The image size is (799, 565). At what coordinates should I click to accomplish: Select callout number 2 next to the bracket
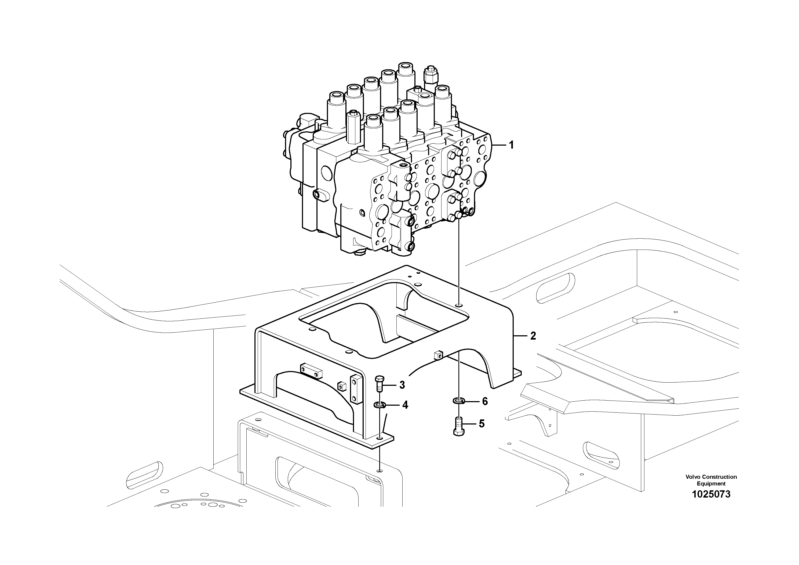(533, 336)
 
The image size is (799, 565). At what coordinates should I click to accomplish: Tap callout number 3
(402, 385)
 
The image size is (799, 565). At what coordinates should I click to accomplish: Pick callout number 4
(405, 405)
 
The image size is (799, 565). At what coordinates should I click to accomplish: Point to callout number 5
(481, 424)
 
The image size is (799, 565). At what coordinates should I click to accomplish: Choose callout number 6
(485, 402)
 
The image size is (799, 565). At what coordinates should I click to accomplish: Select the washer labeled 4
(379, 405)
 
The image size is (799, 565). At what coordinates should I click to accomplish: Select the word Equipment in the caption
(711, 484)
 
